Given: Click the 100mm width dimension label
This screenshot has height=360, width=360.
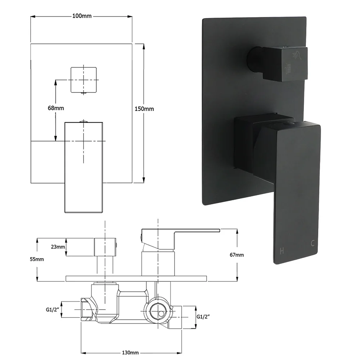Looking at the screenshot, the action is pyautogui.click(x=82, y=16).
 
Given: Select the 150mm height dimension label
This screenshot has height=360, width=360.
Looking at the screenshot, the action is pyautogui.click(x=144, y=109).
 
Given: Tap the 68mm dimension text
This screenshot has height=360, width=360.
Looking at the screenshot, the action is pyautogui.click(x=56, y=108).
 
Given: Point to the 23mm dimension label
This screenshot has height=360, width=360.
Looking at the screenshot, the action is pyautogui.click(x=58, y=247).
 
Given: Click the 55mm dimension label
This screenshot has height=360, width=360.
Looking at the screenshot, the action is pyautogui.click(x=37, y=259).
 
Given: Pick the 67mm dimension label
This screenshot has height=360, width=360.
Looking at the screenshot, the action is pyautogui.click(x=237, y=255).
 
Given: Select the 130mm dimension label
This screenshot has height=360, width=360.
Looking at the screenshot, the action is pyautogui.click(x=130, y=353).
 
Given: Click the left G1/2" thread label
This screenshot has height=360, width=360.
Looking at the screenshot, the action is pyautogui.click(x=53, y=310).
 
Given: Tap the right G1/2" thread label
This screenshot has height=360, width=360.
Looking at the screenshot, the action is pyautogui.click(x=203, y=317).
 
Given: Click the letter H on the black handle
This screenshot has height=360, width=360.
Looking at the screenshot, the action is pyautogui.click(x=282, y=251).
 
